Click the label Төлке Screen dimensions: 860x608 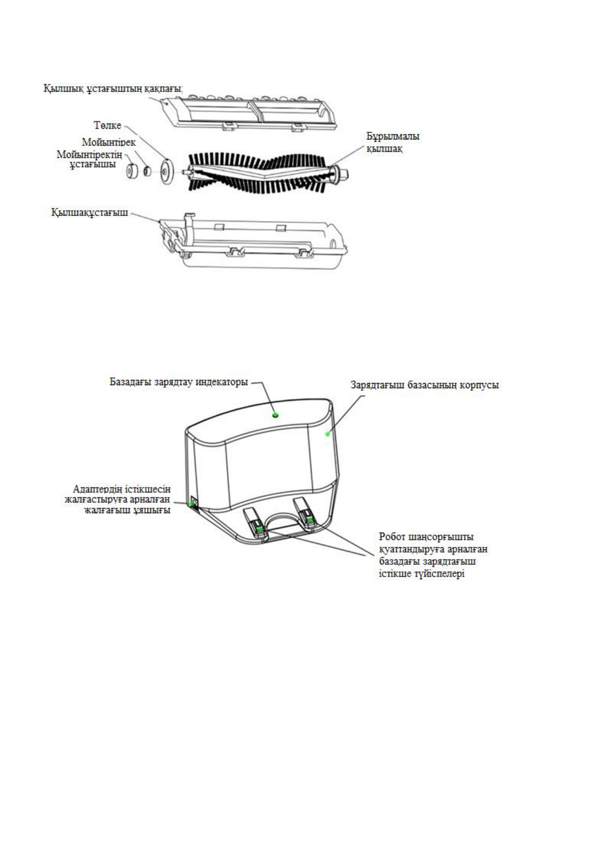[107, 125]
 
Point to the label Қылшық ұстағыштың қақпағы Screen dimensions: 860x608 [113, 88]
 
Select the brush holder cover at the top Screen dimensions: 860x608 [250, 109]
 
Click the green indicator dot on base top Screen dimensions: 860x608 [276, 415]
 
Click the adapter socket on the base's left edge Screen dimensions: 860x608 [193, 504]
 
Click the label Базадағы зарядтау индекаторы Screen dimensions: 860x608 [179, 382]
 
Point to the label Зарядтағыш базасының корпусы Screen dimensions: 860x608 [424, 385]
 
